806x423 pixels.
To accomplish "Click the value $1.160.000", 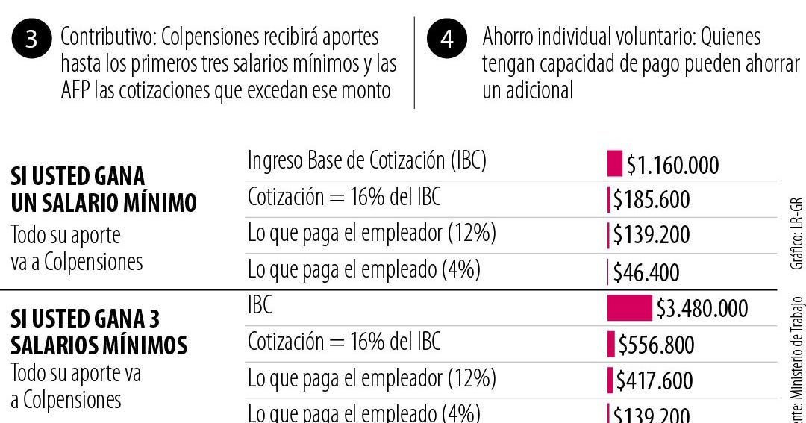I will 672,165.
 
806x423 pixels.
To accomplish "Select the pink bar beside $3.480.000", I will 629,308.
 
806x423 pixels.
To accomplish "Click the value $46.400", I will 646,272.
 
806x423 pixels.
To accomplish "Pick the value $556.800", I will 656,345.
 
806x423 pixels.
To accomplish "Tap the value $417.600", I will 655,380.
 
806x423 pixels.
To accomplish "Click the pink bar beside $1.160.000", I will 614,163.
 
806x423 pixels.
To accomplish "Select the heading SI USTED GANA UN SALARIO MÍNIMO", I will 104,189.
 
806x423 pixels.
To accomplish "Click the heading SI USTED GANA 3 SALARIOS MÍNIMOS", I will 99,332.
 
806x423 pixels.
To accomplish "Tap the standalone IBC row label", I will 260,304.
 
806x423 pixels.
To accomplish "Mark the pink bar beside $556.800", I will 612,345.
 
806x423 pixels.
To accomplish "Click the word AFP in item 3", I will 75,90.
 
